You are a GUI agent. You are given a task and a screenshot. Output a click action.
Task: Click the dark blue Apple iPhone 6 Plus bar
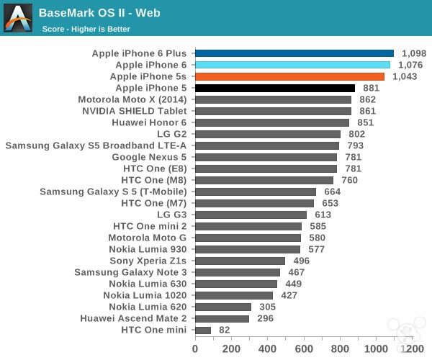(294, 53)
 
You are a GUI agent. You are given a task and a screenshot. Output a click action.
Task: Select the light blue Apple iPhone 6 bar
(292, 65)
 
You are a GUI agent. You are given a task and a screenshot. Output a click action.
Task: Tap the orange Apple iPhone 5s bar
(289, 76)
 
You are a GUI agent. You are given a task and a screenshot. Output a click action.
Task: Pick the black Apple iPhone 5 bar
(274, 88)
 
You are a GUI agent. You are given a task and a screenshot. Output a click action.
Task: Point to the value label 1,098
(414, 53)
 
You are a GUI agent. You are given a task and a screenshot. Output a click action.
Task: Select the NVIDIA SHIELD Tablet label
(134, 111)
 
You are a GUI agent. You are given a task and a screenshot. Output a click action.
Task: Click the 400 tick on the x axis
(267, 348)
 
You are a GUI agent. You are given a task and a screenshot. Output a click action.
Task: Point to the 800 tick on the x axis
(340, 348)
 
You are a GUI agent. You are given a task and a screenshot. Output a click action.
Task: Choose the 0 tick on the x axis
(194, 348)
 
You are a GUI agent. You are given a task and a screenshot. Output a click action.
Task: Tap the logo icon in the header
(19, 19)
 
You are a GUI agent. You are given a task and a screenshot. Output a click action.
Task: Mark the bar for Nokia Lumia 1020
(234, 295)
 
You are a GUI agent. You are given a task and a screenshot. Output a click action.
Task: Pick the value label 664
(332, 192)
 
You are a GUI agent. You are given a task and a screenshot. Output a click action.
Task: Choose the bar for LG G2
(268, 134)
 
